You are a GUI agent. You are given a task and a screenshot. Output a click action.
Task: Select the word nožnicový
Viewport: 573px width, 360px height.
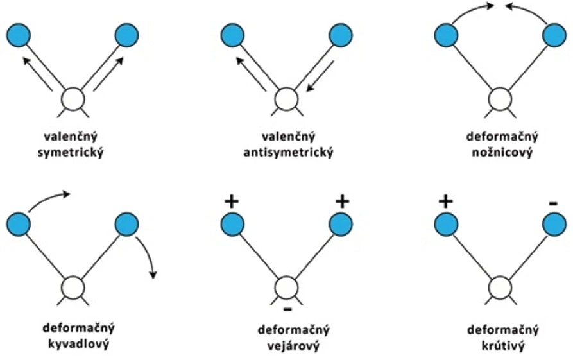[502, 153]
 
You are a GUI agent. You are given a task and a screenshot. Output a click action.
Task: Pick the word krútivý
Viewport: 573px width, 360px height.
[502, 347]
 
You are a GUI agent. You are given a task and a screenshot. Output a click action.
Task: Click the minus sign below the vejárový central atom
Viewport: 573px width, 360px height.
[287, 309]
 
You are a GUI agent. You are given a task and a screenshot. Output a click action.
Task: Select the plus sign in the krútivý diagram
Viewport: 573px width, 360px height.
[445, 201]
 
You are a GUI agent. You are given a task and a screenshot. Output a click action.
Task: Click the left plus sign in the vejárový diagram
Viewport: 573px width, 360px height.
[231, 201]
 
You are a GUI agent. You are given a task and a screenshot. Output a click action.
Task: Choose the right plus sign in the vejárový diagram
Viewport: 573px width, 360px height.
[342, 201]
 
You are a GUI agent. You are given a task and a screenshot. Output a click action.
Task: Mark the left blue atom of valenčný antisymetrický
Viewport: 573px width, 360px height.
[232, 35]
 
